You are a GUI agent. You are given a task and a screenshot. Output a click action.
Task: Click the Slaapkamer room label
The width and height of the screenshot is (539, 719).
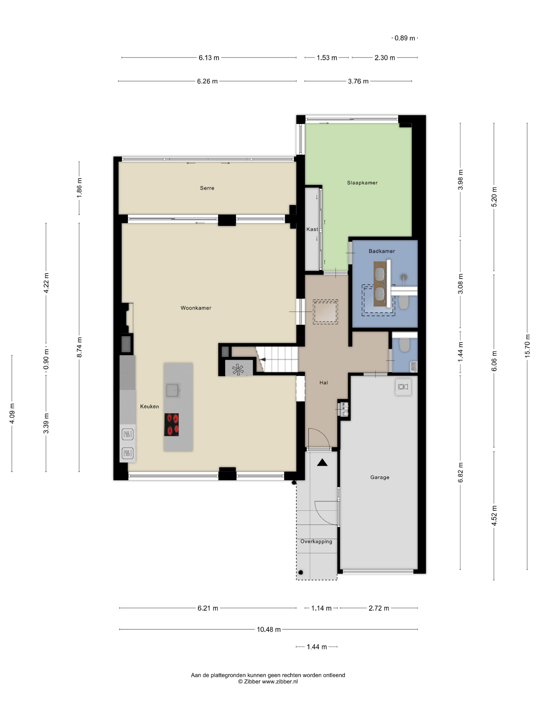[x=362, y=183]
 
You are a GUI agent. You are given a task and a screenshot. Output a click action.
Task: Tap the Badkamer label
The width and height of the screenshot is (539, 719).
[x=381, y=251]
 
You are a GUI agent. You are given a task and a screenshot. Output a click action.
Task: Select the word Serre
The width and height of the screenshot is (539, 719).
[x=207, y=188]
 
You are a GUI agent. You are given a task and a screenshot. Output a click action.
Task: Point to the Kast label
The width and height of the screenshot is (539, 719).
[x=312, y=229]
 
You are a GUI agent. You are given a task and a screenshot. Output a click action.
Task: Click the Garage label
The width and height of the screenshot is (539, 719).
[x=379, y=477]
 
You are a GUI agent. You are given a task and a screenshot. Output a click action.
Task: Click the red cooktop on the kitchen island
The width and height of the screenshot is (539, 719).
[x=171, y=424]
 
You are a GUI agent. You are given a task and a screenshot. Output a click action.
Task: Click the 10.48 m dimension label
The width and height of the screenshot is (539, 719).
[x=268, y=629]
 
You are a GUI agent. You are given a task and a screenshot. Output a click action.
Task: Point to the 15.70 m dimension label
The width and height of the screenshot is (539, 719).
[x=527, y=346]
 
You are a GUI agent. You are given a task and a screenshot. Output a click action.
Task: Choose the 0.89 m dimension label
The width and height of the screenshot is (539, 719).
[x=405, y=38]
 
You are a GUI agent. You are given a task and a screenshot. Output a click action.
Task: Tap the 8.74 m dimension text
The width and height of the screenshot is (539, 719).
[x=79, y=347]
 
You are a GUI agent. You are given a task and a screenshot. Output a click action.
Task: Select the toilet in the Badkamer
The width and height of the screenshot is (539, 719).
[x=403, y=302]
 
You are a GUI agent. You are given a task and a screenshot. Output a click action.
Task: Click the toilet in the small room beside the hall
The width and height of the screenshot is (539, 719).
[x=404, y=345]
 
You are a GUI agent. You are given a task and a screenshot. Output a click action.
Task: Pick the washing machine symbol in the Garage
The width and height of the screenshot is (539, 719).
[x=403, y=386]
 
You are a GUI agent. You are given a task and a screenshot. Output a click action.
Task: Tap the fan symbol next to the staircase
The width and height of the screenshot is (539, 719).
[x=238, y=369]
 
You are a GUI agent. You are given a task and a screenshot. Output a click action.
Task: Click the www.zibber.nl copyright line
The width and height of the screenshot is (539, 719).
[x=268, y=682]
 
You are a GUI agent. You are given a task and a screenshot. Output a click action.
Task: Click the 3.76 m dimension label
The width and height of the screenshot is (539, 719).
[x=358, y=81]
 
